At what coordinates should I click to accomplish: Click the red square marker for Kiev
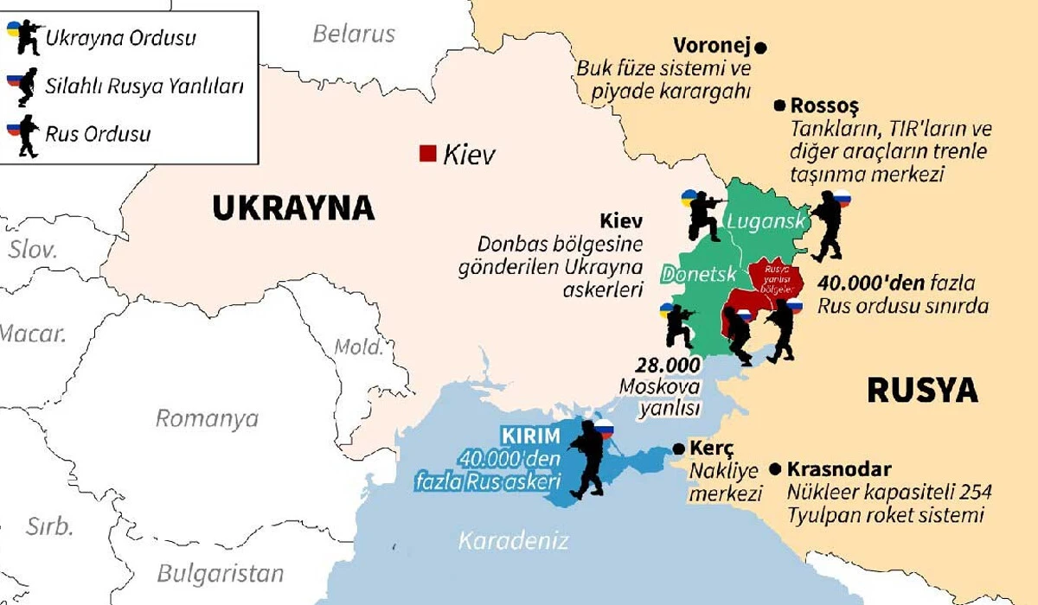[426, 153]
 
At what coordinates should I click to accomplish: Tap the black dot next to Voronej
[761, 48]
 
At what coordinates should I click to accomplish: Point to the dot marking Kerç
[678, 449]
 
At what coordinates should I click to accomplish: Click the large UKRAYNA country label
[293, 208]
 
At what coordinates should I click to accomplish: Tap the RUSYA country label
[922, 391]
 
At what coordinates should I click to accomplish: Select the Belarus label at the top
[354, 34]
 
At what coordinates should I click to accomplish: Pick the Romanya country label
[207, 419]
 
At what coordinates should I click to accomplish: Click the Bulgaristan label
[221, 573]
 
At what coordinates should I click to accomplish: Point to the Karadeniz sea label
[513, 542]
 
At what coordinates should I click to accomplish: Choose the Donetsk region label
[698, 275]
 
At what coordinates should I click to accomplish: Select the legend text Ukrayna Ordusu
[120, 39]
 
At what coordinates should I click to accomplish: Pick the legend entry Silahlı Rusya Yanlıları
[144, 86]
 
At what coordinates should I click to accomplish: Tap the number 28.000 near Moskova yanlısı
[669, 365]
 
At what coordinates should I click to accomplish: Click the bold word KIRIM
[532, 435]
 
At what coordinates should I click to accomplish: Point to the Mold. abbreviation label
[358, 347]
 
